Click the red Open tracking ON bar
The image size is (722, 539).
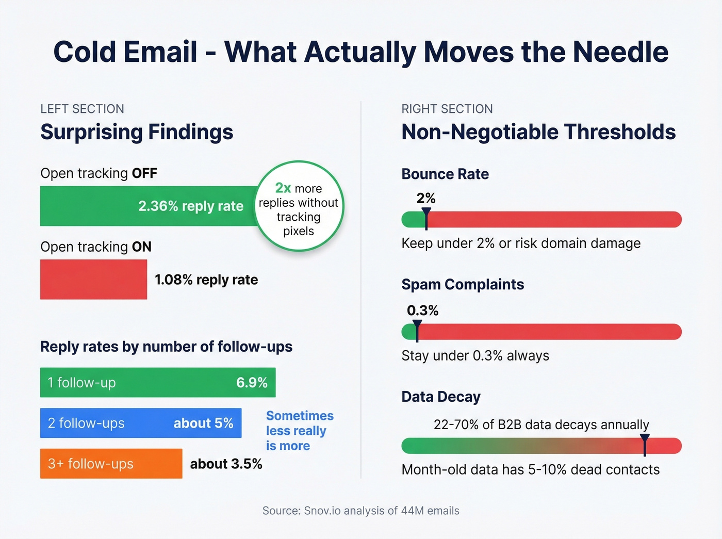coord(93,279)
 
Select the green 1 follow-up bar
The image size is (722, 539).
coord(157,382)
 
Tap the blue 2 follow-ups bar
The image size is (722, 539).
coord(140,423)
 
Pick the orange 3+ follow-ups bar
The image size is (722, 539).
coord(111,464)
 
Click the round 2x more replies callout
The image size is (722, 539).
coord(299,206)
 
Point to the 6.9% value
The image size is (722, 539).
coord(252,382)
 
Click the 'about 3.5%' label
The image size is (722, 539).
coord(226,464)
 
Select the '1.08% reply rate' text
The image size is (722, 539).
coord(206,280)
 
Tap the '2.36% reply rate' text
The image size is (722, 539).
coord(191,206)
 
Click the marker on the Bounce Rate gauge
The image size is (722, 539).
coord(426,219)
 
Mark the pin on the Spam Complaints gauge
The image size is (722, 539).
coord(417,331)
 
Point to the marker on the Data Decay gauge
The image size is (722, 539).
coord(645,445)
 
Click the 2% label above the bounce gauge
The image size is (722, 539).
coord(426,198)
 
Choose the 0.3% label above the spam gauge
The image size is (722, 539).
coord(422,310)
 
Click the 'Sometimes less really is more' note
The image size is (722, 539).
coord(299,431)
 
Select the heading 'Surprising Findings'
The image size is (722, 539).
coord(137,132)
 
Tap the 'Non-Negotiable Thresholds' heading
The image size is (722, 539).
coord(538,132)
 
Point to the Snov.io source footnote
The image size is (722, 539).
coord(360,511)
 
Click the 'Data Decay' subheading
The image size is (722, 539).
coord(441,397)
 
